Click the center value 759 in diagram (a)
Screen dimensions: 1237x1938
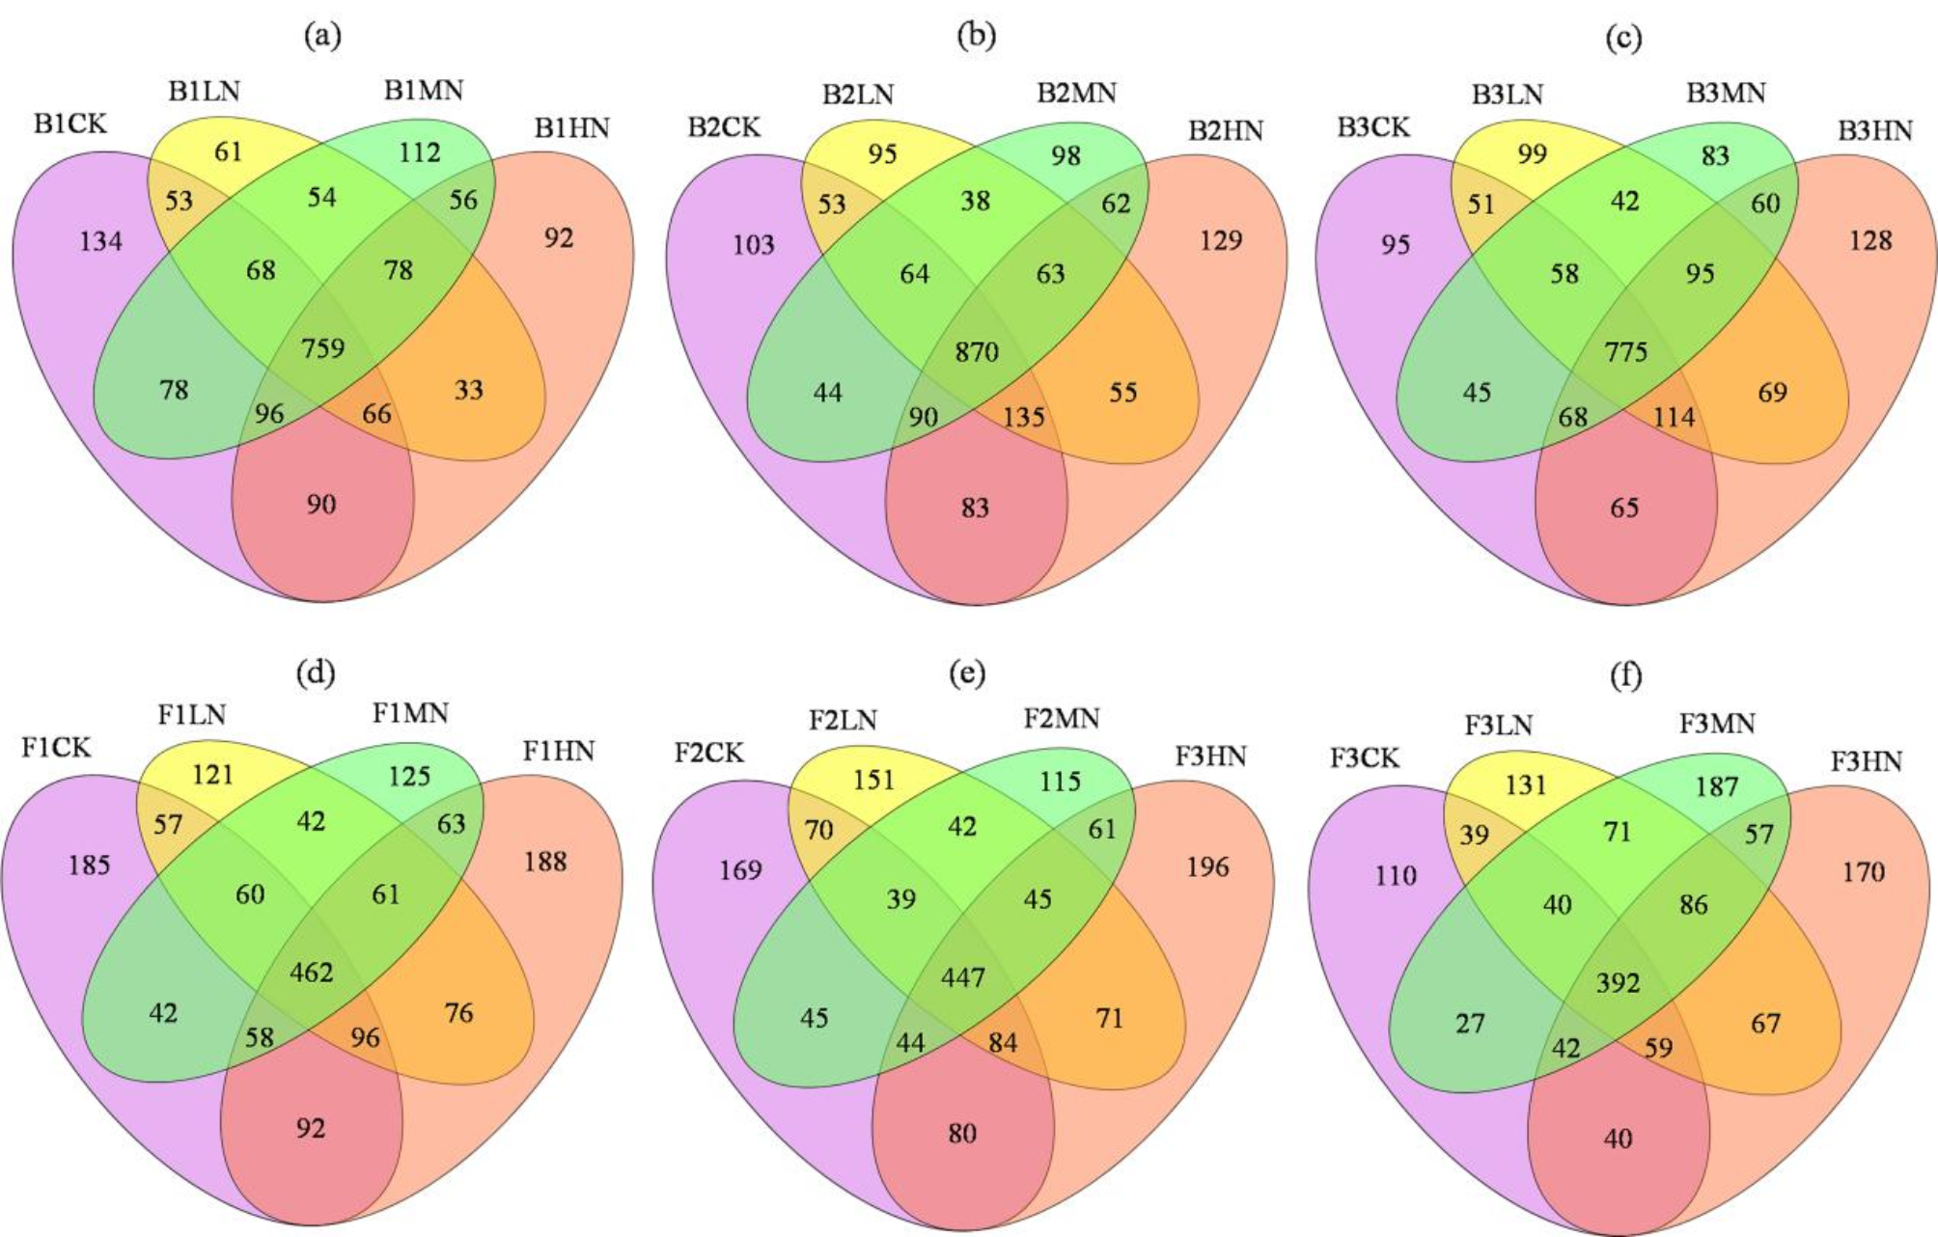[x=322, y=347]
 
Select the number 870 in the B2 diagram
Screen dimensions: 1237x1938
[x=977, y=351]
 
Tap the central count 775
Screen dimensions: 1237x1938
[x=1626, y=351]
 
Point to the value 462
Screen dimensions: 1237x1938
[x=311, y=972]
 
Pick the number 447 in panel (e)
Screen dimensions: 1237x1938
[x=963, y=977]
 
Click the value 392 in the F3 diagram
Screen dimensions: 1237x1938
[x=1618, y=982]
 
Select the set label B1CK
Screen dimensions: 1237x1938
[x=70, y=124]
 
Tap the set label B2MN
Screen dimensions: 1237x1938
[x=1076, y=94]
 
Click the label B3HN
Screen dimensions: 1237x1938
[x=1874, y=131]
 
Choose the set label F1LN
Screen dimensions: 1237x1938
[x=191, y=715]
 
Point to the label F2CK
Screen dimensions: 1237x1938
[x=708, y=753]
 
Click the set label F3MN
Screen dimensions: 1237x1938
[x=1716, y=724]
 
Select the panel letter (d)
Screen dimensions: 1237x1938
[x=316, y=672]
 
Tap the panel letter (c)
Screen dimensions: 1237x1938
[x=1623, y=38]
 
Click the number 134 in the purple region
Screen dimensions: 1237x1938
[x=100, y=240]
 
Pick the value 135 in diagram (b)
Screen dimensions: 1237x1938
[x=1023, y=417]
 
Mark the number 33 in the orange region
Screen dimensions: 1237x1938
[x=468, y=390]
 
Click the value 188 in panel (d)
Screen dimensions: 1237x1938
[x=544, y=861]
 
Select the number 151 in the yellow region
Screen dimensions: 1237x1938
[x=873, y=780]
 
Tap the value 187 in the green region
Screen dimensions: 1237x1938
[x=1716, y=786]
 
